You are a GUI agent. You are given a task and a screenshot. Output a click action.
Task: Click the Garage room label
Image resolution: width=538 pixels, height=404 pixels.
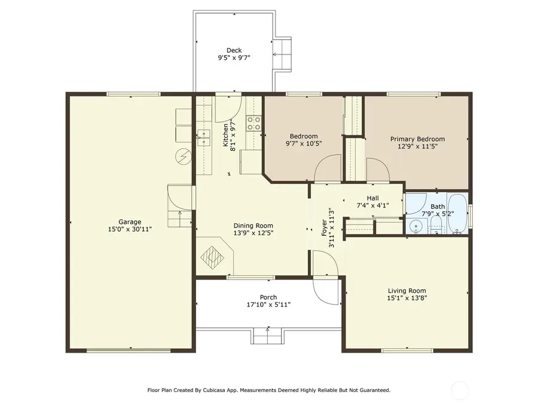pos(130,222)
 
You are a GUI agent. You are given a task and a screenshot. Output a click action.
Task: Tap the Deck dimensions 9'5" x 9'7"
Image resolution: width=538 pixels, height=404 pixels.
pos(234,57)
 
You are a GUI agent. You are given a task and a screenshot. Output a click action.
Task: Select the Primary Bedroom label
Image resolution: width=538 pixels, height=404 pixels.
pos(418,139)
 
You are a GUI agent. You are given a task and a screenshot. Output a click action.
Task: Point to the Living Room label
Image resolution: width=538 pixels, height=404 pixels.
pos(407,291)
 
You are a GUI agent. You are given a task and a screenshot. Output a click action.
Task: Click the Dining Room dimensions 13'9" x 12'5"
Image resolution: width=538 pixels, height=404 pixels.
pos(253,233)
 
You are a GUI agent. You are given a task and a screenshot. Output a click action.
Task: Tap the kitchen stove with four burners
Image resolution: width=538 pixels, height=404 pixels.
pos(254,123)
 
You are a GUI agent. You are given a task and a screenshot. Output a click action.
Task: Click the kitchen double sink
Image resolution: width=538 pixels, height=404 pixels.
pos(204,138)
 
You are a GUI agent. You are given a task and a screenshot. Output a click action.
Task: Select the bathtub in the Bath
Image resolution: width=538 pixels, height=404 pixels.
pos(457,214)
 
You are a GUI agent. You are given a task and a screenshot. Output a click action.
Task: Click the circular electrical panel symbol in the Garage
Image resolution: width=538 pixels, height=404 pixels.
pos(182,157)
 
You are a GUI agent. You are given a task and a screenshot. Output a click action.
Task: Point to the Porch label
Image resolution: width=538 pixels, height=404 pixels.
pos(268,297)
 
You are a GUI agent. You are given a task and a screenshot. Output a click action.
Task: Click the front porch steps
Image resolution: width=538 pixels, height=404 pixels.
pos(268,336)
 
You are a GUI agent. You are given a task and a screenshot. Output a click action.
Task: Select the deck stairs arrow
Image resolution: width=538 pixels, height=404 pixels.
pos(279,54)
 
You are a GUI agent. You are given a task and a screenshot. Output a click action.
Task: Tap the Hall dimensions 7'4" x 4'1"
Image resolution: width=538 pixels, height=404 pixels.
pos(373,205)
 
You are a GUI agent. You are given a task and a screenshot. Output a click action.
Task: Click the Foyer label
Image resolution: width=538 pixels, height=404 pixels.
pos(324,228)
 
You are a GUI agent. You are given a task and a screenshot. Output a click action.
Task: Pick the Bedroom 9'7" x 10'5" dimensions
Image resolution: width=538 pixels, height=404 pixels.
pos(304,144)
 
